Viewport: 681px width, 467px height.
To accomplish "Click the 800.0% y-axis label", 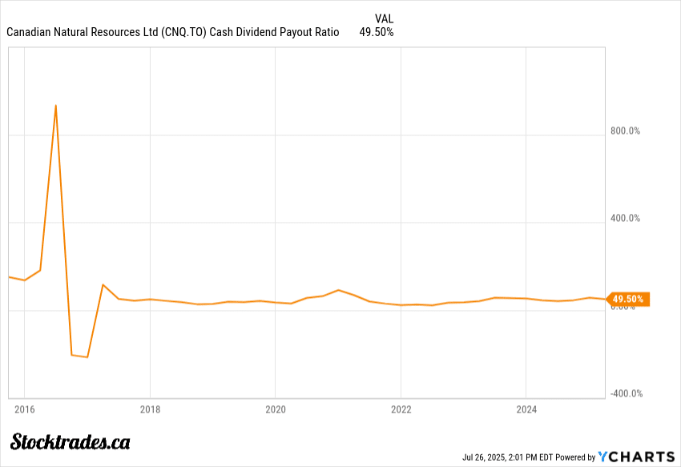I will point(626,131).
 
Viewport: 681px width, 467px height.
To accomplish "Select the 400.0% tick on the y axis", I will point(626,218).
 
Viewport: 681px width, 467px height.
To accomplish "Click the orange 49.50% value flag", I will point(628,300).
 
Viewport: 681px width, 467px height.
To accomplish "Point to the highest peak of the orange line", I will point(55,105).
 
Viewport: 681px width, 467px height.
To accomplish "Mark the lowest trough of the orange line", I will point(87,357).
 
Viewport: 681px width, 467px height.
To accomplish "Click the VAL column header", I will point(384,18).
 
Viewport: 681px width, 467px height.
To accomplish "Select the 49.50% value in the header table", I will point(377,32).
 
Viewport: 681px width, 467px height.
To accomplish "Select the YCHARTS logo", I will point(636,457).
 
